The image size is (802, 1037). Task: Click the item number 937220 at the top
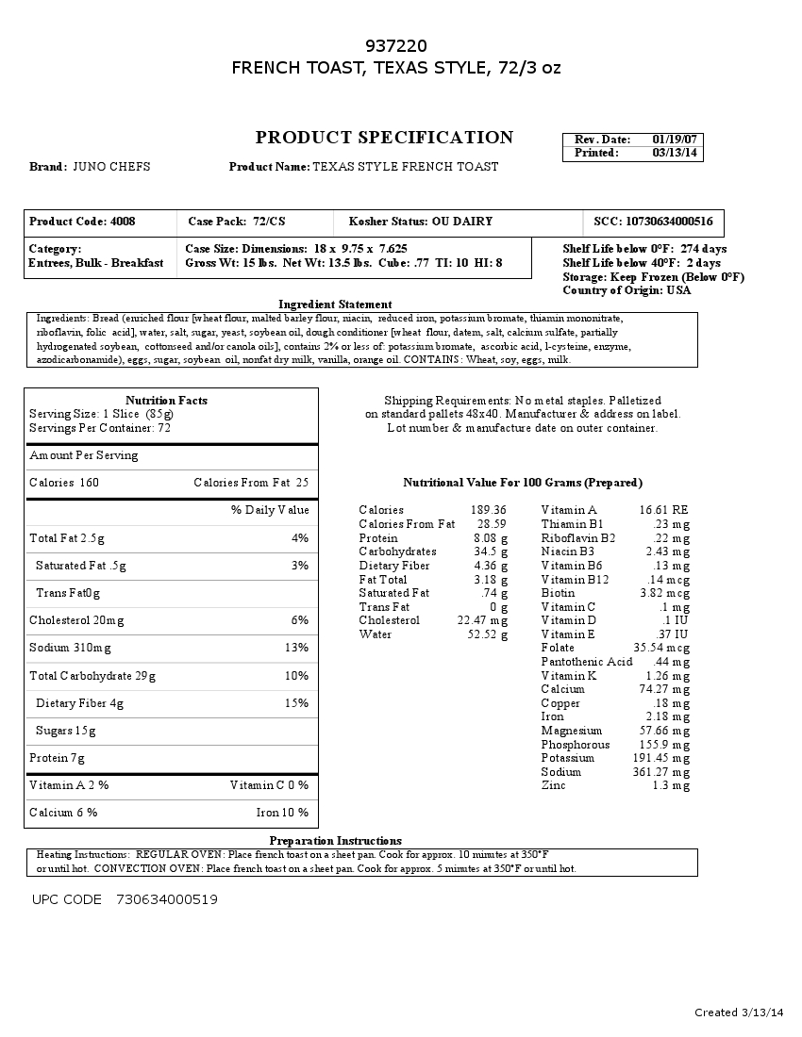[x=396, y=46]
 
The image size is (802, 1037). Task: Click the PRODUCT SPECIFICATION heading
[x=384, y=138]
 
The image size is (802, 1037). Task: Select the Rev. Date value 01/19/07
[x=675, y=140]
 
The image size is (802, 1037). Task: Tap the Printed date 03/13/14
[x=675, y=153]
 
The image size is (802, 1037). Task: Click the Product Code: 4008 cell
[x=82, y=222]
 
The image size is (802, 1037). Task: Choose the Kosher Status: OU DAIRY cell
[x=421, y=222]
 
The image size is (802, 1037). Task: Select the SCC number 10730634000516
[x=669, y=222]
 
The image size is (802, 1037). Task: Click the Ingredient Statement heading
[x=335, y=305]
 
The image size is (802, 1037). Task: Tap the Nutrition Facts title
[x=166, y=401]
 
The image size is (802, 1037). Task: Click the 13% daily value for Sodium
[x=297, y=648]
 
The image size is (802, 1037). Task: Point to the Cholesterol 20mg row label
[x=76, y=620]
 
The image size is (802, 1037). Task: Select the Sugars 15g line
[x=66, y=731]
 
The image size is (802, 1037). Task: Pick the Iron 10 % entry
[x=282, y=813]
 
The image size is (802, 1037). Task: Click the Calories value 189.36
[x=488, y=510]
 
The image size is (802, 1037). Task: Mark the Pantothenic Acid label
[x=587, y=662]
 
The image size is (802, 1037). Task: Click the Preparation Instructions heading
[x=335, y=841]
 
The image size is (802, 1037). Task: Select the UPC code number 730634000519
[x=167, y=899]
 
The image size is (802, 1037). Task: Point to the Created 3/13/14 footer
[x=739, y=1012]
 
